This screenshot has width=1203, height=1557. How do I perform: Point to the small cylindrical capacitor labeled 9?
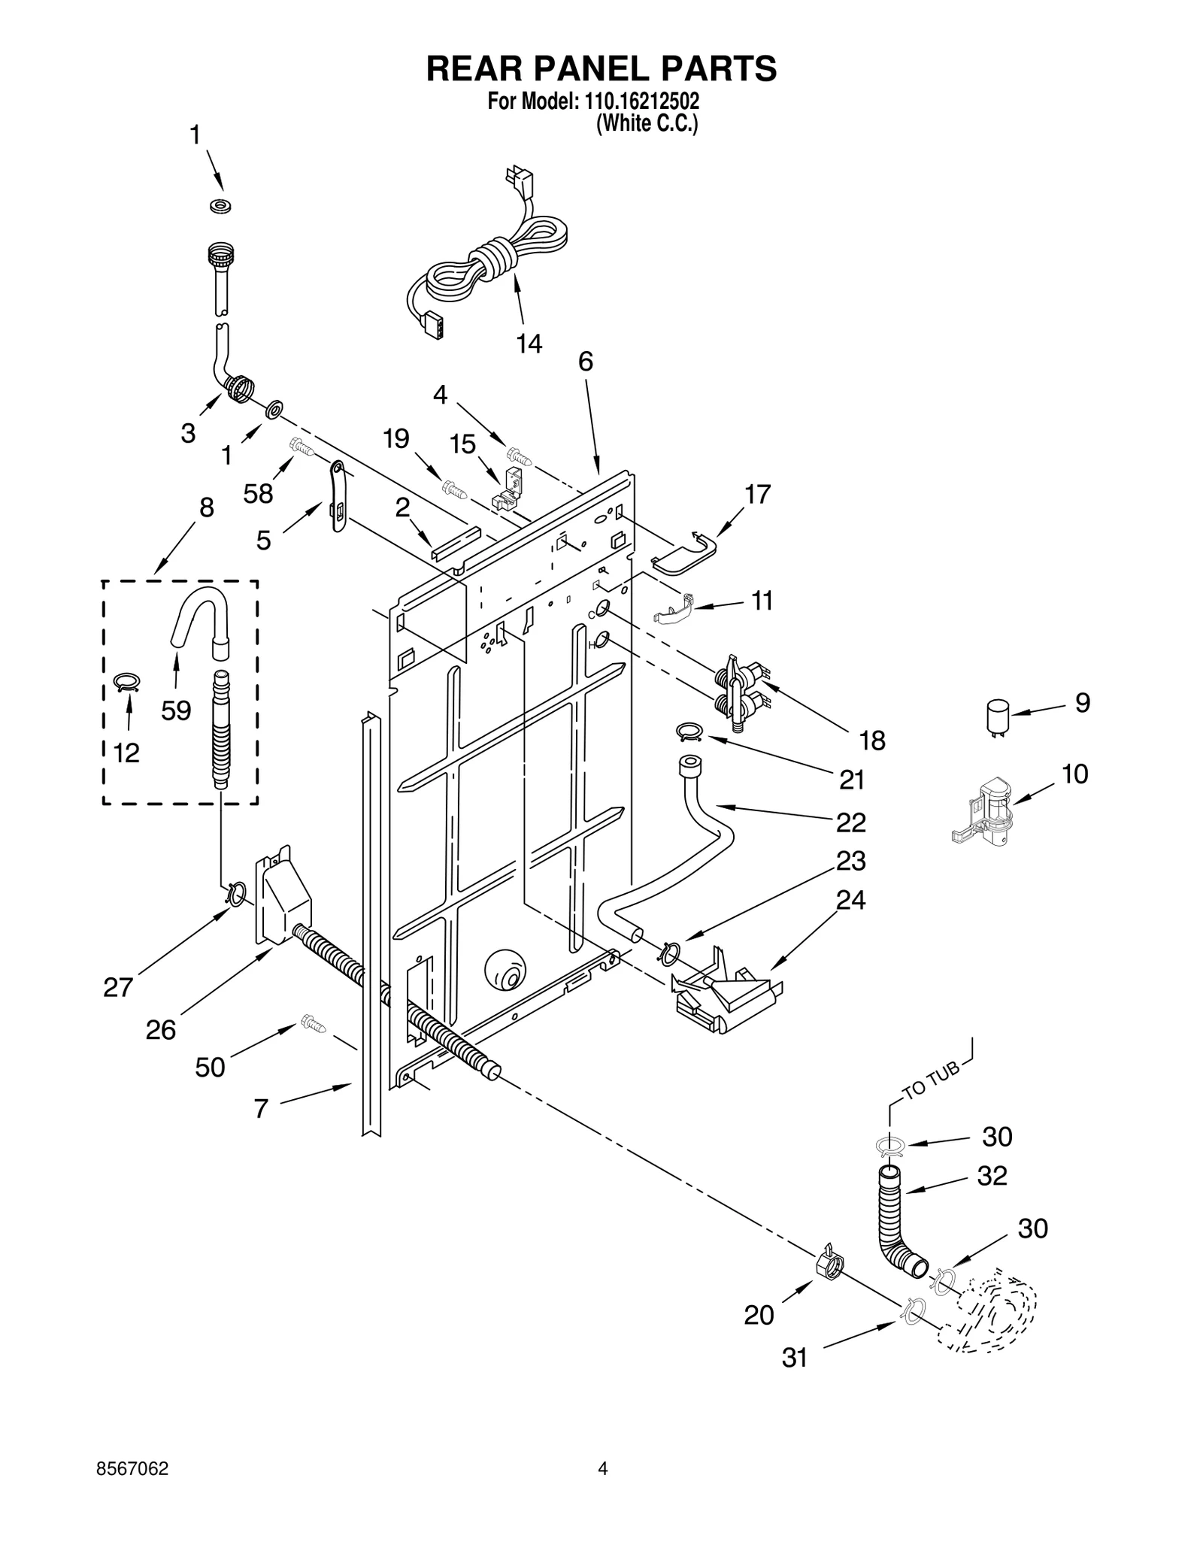[998, 715]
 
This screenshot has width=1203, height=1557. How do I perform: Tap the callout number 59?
[176, 710]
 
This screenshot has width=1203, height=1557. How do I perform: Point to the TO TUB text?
[931, 1081]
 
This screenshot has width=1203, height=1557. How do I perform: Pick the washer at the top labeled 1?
[220, 205]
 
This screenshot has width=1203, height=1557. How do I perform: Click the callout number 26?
[160, 1029]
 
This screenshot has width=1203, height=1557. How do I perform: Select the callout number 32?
[992, 1175]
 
